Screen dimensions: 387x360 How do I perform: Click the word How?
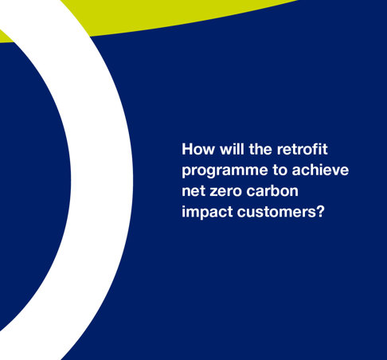198,149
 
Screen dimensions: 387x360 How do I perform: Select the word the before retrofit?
260,149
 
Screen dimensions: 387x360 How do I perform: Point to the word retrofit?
303,149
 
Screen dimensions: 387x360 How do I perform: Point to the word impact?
206,212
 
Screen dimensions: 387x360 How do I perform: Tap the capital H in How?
187,149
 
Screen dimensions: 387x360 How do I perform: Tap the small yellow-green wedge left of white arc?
6,37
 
